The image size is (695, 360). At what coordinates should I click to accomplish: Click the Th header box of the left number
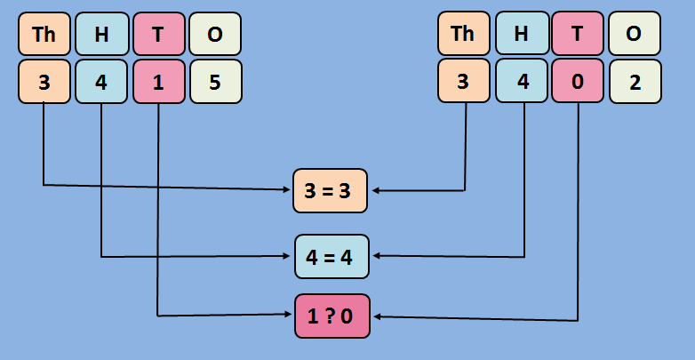(x=44, y=34)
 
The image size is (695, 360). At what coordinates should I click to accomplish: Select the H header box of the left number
(x=101, y=34)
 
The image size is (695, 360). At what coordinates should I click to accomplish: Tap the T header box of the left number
(x=158, y=34)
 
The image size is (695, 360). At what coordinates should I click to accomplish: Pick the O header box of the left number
(x=215, y=34)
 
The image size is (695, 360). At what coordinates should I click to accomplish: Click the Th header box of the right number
(x=463, y=34)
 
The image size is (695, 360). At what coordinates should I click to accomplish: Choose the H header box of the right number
(x=521, y=34)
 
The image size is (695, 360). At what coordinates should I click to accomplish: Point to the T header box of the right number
(x=578, y=34)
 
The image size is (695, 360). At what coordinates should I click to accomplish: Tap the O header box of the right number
(x=635, y=34)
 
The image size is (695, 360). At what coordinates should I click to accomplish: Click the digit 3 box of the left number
(x=44, y=82)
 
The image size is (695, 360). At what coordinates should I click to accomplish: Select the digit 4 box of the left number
(x=101, y=82)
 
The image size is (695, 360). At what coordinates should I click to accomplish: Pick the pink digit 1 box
(x=158, y=82)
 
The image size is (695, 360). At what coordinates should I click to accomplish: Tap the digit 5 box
(x=215, y=82)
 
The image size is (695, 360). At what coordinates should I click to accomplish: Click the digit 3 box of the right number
(x=463, y=82)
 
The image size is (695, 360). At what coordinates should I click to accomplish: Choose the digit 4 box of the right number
(x=521, y=82)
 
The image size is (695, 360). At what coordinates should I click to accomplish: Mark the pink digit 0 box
(x=578, y=82)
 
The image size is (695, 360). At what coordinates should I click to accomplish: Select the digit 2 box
(x=635, y=82)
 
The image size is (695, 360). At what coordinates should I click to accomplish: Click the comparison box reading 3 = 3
(x=330, y=190)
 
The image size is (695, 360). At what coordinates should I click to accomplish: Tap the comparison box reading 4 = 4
(x=331, y=257)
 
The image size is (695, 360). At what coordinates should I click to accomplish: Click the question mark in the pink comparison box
(x=331, y=316)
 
